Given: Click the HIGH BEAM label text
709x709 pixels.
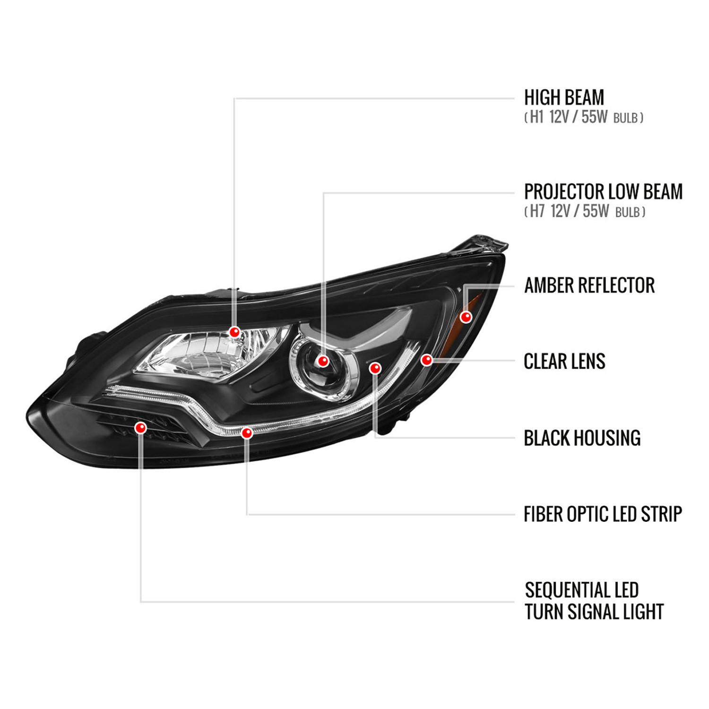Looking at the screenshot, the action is coord(564,97).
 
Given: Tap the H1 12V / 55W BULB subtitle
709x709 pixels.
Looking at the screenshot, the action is coord(584,117).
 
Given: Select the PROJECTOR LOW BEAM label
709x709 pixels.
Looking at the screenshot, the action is coord(603,191).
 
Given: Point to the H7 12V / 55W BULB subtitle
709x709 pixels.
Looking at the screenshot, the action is coord(585,211).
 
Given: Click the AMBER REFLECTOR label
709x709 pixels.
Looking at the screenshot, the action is coord(589,285).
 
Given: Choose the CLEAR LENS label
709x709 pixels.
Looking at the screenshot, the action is coord(564,362).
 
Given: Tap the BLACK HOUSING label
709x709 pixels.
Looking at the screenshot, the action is coord(582,438).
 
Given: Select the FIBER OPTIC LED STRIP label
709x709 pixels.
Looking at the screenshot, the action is coord(603,514).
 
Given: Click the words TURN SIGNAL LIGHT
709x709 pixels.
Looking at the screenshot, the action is coord(594,612).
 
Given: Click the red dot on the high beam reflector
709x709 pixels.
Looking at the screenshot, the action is coord(234,332).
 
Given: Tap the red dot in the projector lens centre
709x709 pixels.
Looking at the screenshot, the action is coord(323,362).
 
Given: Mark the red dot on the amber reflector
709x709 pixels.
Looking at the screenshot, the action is coord(466,317).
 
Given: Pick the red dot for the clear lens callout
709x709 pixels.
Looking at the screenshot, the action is coord(427,360).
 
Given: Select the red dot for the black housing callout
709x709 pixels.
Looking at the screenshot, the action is coord(375,368).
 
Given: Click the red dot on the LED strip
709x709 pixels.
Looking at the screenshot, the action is coord(247,432).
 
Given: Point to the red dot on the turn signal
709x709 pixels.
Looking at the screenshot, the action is coord(140,428).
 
